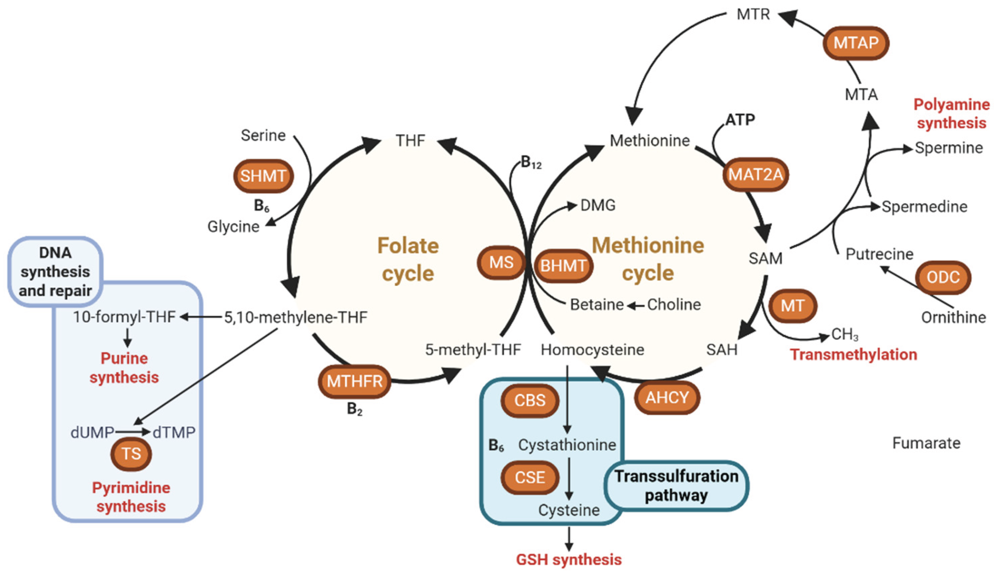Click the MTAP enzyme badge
point(856,43)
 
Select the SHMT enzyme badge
point(263,176)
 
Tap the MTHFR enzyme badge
point(355,381)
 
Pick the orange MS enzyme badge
point(501,262)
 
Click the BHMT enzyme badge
point(563,266)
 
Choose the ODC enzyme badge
point(943,277)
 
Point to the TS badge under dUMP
point(131,454)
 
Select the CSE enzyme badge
point(530,477)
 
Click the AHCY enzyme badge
point(667,397)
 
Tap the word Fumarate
point(926,443)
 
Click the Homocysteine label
point(592,350)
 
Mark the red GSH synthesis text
point(569,560)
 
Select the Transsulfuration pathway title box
point(676,486)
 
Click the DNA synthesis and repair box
point(55,272)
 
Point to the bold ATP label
point(740,119)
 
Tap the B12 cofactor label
point(531,162)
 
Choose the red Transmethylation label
point(853,355)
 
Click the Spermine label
point(949,148)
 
